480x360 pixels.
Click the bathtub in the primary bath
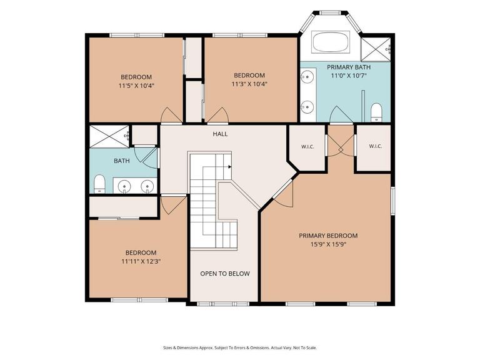[x=331, y=42]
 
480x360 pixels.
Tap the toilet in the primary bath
[x=376, y=112]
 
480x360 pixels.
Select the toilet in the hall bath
[x=99, y=184]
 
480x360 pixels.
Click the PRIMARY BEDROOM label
[x=328, y=236]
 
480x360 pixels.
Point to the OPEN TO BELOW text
[x=225, y=274]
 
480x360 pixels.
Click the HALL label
[x=221, y=134]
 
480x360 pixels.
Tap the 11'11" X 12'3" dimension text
[x=141, y=261]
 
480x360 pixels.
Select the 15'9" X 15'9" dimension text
[x=328, y=244]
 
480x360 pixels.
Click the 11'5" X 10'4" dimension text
[x=136, y=86]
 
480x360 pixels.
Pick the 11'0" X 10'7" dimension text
[x=349, y=76]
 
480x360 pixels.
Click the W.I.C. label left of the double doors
[x=307, y=147]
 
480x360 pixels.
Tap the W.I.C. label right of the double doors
[x=375, y=146]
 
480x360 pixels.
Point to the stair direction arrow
[x=229, y=167]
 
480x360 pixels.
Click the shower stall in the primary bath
[x=376, y=49]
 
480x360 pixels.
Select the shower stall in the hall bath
[x=109, y=136]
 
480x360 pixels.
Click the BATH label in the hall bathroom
[x=122, y=161]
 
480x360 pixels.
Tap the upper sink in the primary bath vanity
[x=307, y=76]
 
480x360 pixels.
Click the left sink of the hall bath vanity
[x=124, y=186]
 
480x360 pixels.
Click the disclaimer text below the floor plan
[x=240, y=347]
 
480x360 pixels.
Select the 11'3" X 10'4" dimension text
[x=249, y=84]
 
